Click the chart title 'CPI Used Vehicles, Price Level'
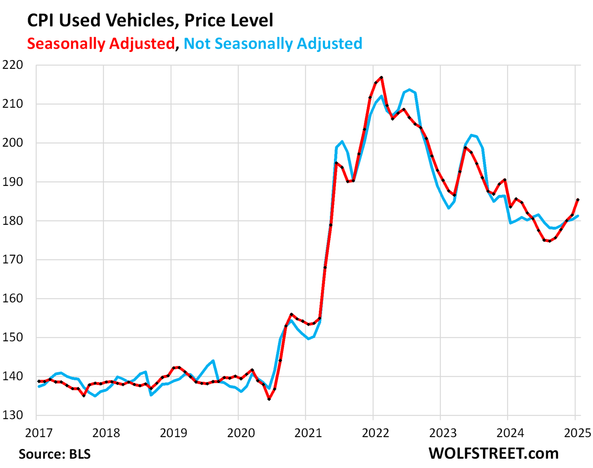coord(150,20)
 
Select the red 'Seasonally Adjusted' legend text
coord(101,44)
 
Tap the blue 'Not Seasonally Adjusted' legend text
coord(273,44)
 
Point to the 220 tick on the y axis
coord(13,65)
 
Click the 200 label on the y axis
coord(13,143)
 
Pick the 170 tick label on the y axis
coord(13,259)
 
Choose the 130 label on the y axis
coord(13,415)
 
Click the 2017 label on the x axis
coord(39,433)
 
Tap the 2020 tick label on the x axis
coord(241,433)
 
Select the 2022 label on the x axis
coord(375,433)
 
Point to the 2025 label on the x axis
coord(577,433)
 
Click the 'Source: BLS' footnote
coord(54,454)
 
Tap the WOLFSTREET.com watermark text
coord(493,453)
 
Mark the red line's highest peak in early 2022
coord(381,78)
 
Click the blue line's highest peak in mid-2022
coord(410,90)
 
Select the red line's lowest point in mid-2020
coord(269,399)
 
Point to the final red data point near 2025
coord(578,199)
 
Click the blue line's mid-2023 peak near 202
coord(471,135)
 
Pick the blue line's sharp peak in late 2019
coord(213,361)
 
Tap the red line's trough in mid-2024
coord(549,241)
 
